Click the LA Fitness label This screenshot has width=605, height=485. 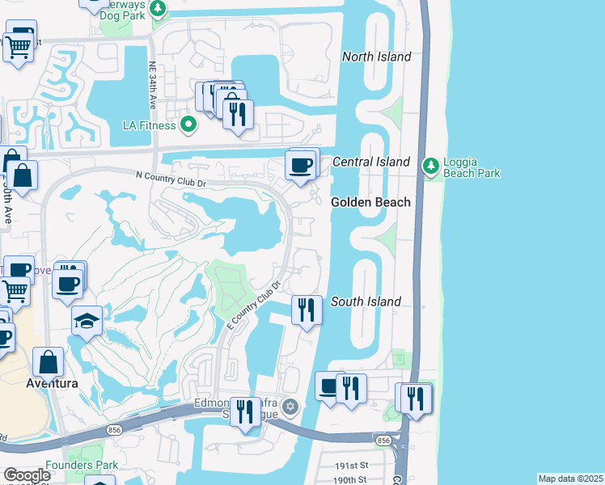tap(148, 125)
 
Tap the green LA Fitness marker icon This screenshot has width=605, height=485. tap(188, 125)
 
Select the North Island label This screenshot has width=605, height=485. tap(376, 57)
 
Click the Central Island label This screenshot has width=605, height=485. tap(371, 162)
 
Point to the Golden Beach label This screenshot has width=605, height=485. tap(370, 202)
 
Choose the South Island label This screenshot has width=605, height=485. tap(366, 302)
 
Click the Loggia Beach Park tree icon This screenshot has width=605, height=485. tap(431, 167)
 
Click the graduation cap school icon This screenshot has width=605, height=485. tap(87, 321)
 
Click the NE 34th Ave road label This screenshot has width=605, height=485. tap(152, 86)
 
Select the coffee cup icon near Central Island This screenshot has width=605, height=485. tap(302, 166)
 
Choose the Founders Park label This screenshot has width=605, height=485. tap(82, 465)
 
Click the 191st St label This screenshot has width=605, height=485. tap(353, 467)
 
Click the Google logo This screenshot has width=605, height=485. tap(27, 475)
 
